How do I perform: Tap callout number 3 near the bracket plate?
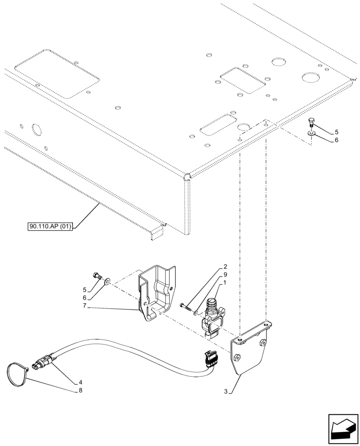click(x=226, y=392)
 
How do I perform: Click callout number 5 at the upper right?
click(x=337, y=132)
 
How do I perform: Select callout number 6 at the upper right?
click(x=337, y=140)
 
